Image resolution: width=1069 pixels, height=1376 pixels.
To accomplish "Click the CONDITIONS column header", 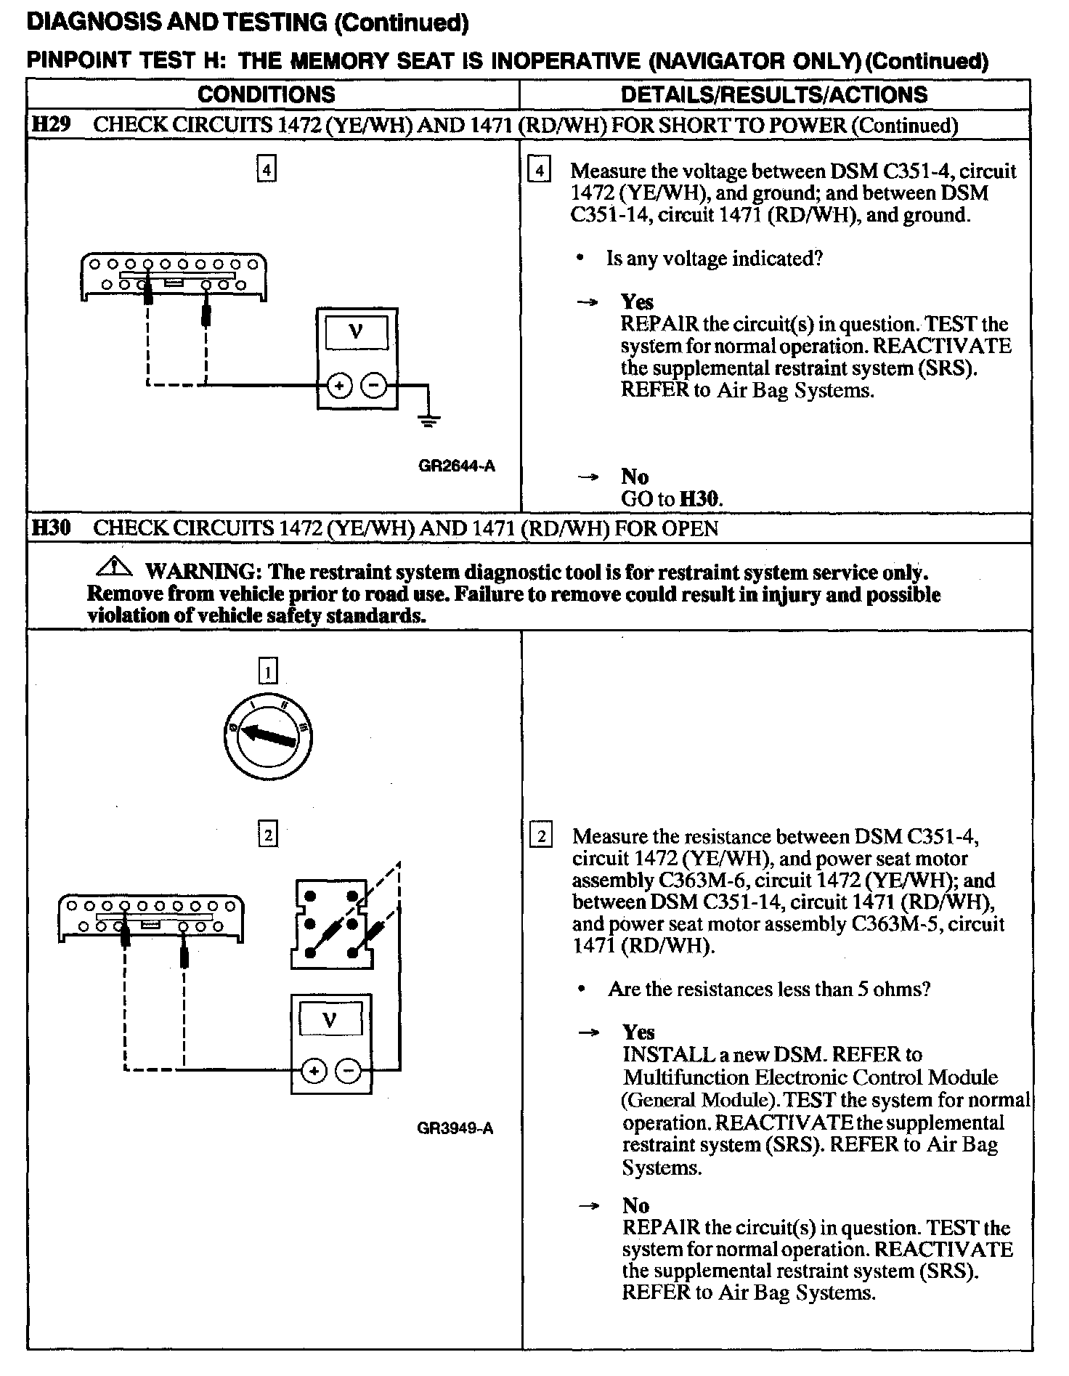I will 266,94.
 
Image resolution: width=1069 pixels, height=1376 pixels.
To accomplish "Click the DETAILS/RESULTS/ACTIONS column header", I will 774,94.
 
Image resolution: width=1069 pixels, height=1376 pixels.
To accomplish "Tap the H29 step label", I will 51,124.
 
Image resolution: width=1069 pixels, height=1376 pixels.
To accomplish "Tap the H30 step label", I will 51,527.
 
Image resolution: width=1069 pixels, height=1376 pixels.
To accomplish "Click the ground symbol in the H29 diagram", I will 429,420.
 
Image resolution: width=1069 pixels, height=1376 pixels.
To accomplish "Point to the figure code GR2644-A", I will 456,466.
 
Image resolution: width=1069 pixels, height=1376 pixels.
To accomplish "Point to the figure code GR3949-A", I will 455,1128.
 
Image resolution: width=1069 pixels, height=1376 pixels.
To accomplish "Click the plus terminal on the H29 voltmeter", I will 338,386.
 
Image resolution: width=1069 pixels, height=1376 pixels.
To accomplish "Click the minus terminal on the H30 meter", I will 349,1071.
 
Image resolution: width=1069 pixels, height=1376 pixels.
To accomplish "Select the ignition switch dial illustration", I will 268,737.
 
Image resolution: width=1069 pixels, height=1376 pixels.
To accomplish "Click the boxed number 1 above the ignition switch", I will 268,671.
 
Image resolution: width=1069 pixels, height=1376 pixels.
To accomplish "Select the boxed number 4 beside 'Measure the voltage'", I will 538,171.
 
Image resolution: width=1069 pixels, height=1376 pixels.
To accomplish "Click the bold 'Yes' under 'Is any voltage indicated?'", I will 637,302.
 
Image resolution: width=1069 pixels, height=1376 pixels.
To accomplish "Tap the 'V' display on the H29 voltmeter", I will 356,332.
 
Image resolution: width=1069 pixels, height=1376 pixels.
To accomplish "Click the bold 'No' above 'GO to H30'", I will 635,477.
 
